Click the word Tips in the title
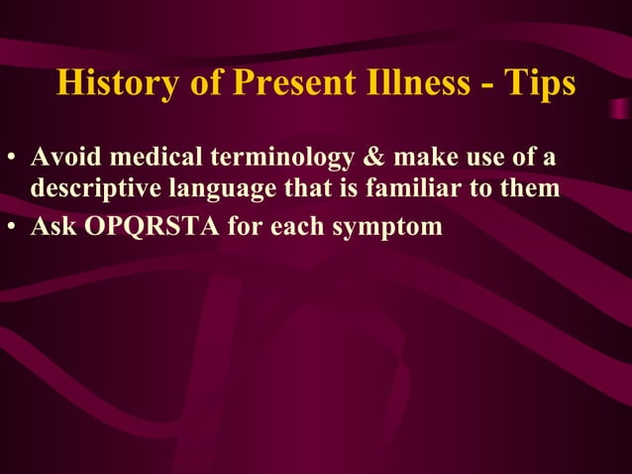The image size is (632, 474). click(x=541, y=83)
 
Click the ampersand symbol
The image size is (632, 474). click(x=354, y=159)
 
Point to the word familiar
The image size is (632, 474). click(x=402, y=188)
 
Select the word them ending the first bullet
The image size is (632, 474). click(x=532, y=188)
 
